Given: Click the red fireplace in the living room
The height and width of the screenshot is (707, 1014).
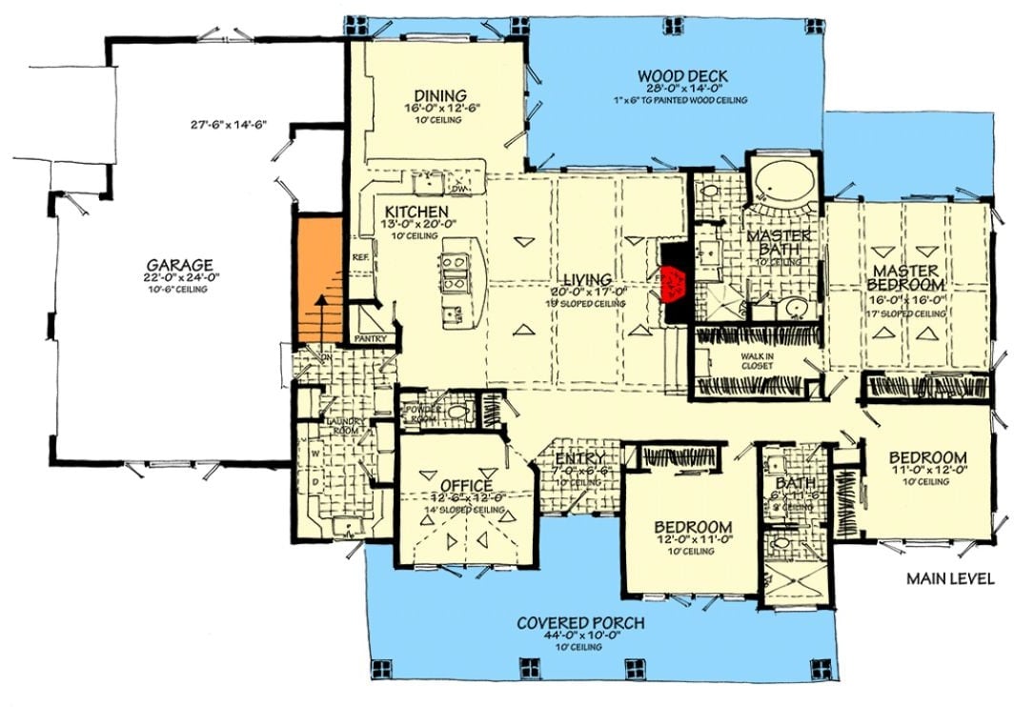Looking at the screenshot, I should coord(674,280).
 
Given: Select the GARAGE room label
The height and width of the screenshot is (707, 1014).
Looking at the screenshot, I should coord(179,264).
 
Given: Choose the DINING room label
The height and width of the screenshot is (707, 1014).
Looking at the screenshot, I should coord(439,95).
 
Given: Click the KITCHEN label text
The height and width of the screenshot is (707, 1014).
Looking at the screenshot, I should coord(416,211).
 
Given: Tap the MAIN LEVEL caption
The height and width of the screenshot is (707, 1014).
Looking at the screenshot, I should coord(950,578).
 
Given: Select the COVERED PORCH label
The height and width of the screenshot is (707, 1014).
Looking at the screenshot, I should coord(580,623).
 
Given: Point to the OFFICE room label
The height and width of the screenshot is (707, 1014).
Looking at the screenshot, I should coord(466,483).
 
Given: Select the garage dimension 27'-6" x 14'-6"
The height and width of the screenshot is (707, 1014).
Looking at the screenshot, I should coord(226,125).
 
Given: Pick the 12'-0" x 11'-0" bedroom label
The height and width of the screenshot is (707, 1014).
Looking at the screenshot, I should coord(693,527).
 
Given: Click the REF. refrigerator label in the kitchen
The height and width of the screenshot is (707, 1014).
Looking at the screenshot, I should coord(360,257).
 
